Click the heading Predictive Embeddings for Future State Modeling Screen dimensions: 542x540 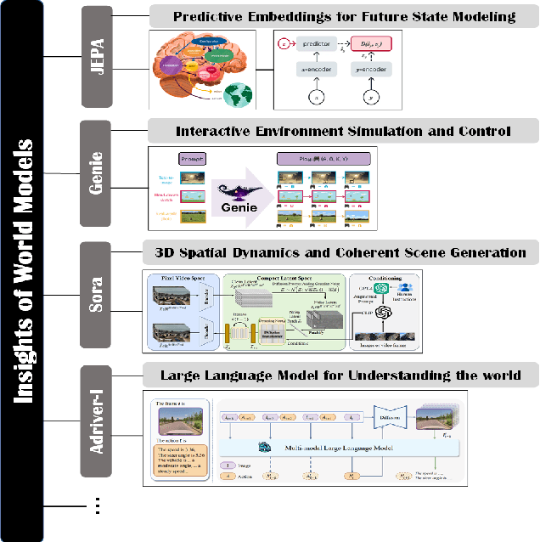point(344,16)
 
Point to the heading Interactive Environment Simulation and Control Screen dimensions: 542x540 point(344,131)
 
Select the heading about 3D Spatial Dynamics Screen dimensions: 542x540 point(344,252)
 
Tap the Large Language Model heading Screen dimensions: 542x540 point(344,375)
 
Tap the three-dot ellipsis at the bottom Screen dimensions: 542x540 point(98,506)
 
